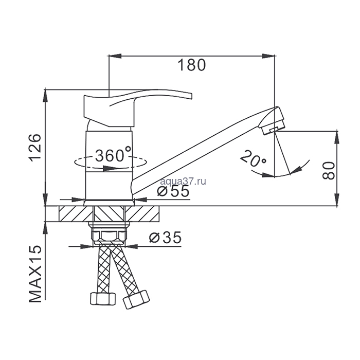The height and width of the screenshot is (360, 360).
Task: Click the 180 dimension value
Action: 192,65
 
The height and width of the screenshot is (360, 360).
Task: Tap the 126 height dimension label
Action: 35,148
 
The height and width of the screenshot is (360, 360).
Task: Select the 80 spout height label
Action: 328,171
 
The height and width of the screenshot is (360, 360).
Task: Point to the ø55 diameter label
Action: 174,191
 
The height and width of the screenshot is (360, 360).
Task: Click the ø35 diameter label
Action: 165,238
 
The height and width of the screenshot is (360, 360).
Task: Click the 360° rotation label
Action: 113,155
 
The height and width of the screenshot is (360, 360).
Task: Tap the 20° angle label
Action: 253,158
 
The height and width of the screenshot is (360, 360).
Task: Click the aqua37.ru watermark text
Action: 183,182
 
